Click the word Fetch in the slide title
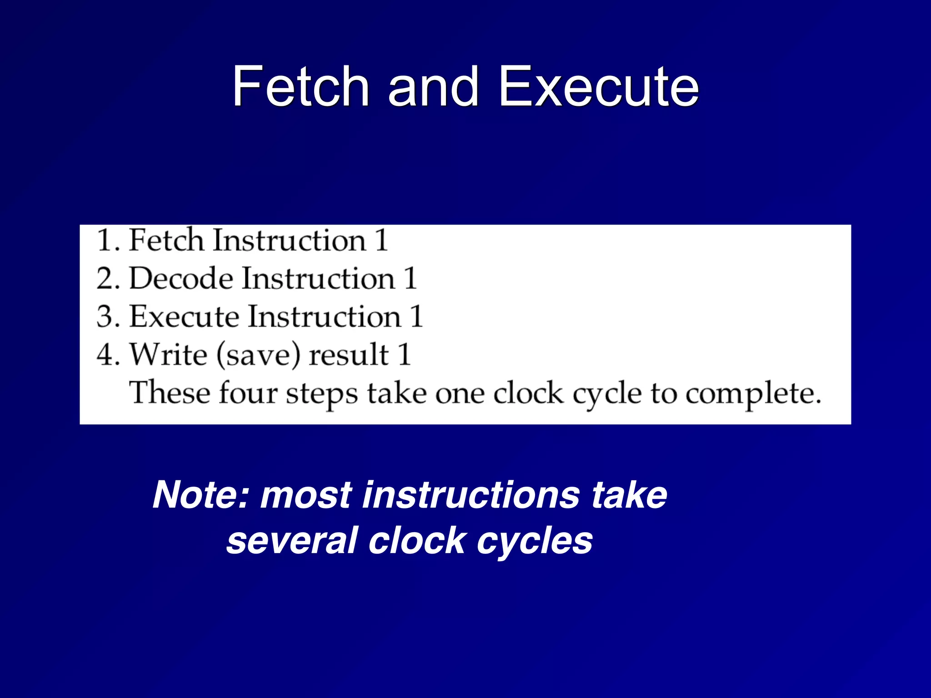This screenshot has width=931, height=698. tap(300, 86)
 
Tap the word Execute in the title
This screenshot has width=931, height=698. tap(599, 86)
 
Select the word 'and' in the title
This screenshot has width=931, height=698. tap(433, 86)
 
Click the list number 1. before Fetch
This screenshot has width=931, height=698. tap(108, 240)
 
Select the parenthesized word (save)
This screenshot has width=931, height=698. tap(258, 355)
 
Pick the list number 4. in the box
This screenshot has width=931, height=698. tap(108, 355)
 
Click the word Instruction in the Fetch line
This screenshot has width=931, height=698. tap(289, 240)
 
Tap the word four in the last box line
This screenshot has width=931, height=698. tap(248, 393)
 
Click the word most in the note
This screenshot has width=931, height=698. tap(306, 495)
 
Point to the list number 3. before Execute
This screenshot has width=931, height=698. tap(108, 317)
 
